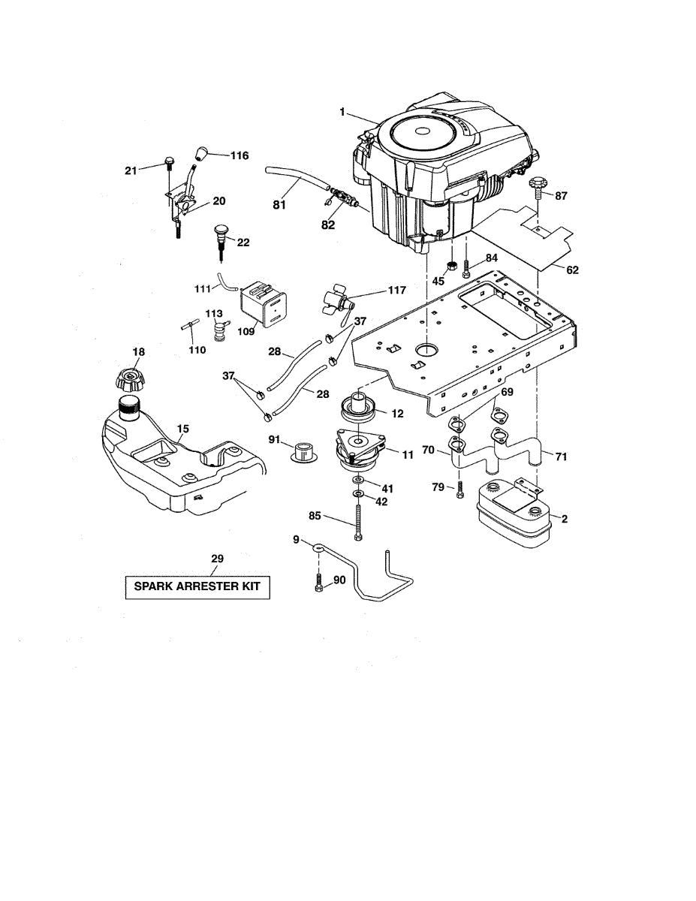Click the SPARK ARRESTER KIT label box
(x=197, y=586)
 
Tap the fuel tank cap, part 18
(x=132, y=377)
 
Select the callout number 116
(x=239, y=155)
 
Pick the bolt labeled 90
(x=319, y=583)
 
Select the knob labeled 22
(x=221, y=234)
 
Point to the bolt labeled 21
(x=168, y=164)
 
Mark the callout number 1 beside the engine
(x=342, y=112)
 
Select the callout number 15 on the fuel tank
(x=182, y=429)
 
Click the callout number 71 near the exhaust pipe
(x=561, y=454)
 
